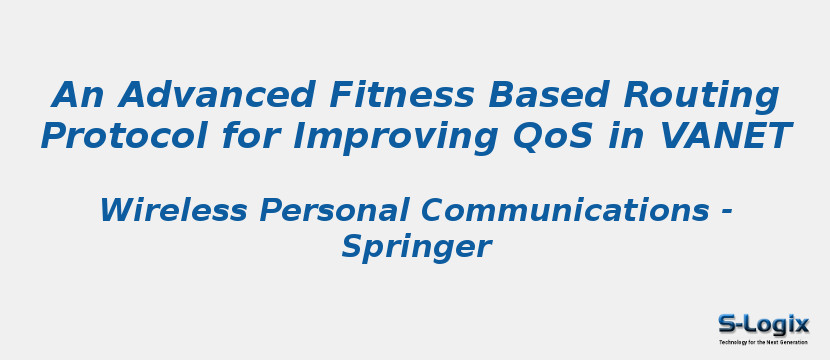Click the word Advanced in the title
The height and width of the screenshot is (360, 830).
[216, 94]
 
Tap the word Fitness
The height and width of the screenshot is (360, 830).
[402, 94]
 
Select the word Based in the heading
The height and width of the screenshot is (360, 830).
[548, 94]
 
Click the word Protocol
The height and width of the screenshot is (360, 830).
[124, 135]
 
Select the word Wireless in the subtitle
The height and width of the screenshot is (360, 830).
[173, 210]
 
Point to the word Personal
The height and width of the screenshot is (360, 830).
[333, 210]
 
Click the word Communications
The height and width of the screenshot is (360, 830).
[565, 210]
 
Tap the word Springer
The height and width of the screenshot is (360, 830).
[417, 248]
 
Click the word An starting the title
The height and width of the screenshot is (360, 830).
[78, 94]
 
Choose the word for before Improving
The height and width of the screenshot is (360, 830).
[250, 135]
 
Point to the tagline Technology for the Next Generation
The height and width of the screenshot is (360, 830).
[763, 342]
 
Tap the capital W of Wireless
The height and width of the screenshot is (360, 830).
[116, 210]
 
